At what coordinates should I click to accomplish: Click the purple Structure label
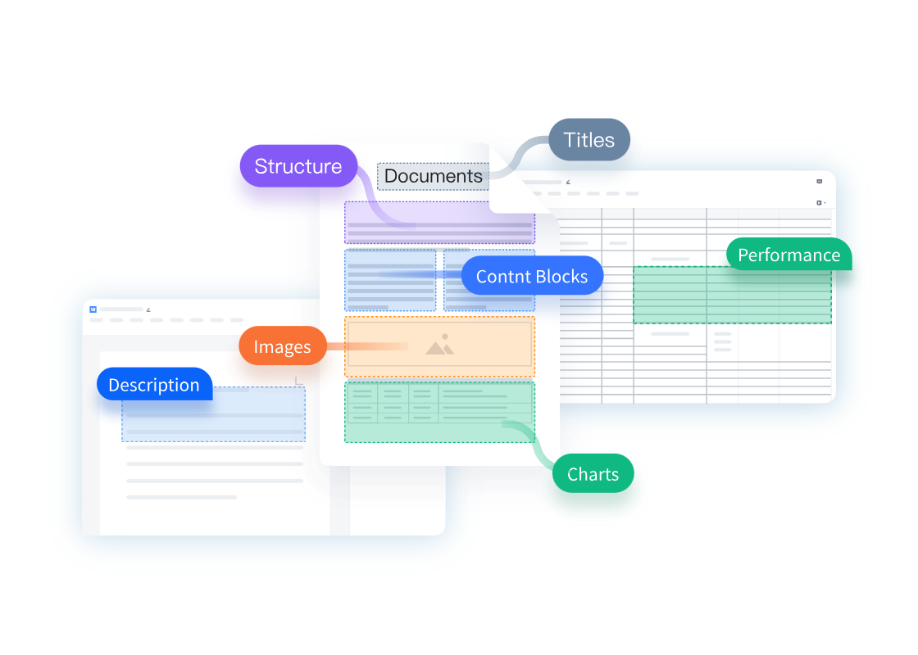pos(298,166)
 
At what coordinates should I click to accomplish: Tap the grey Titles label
pos(589,140)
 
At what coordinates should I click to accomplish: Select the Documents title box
pos(433,176)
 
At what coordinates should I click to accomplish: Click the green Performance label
pos(788,255)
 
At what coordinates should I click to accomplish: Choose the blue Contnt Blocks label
pos(532,277)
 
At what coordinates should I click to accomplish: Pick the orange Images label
pos(282,347)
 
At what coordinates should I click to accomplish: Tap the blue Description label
pos(154,385)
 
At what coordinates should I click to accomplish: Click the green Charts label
pos(593,475)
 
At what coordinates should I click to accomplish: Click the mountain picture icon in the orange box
pos(440,346)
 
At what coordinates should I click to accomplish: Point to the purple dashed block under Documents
pos(439,223)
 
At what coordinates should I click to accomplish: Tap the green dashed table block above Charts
pos(439,412)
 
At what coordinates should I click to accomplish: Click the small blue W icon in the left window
pos(93,309)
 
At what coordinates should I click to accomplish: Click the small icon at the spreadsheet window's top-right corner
pos(819,182)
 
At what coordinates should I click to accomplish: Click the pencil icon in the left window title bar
pos(148,309)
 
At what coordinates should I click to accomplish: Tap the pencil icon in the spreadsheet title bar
pos(567,182)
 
